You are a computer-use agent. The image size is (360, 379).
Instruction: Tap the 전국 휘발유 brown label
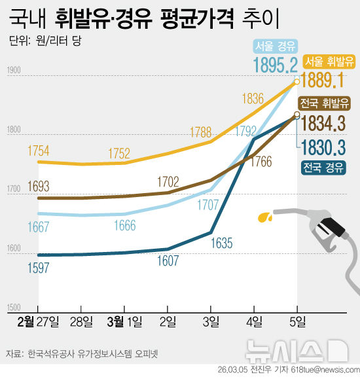click(325, 103)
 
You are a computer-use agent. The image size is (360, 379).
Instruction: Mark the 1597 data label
click(39, 266)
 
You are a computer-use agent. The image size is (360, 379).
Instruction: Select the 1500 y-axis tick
click(14, 306)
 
